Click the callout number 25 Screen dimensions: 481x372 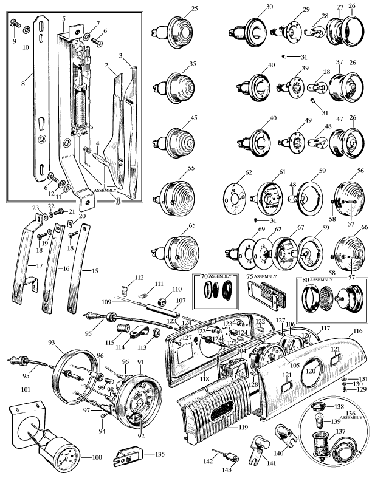pos(195,8)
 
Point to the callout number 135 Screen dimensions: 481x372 pos(159,453)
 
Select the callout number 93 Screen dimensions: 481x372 pos(57,344)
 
